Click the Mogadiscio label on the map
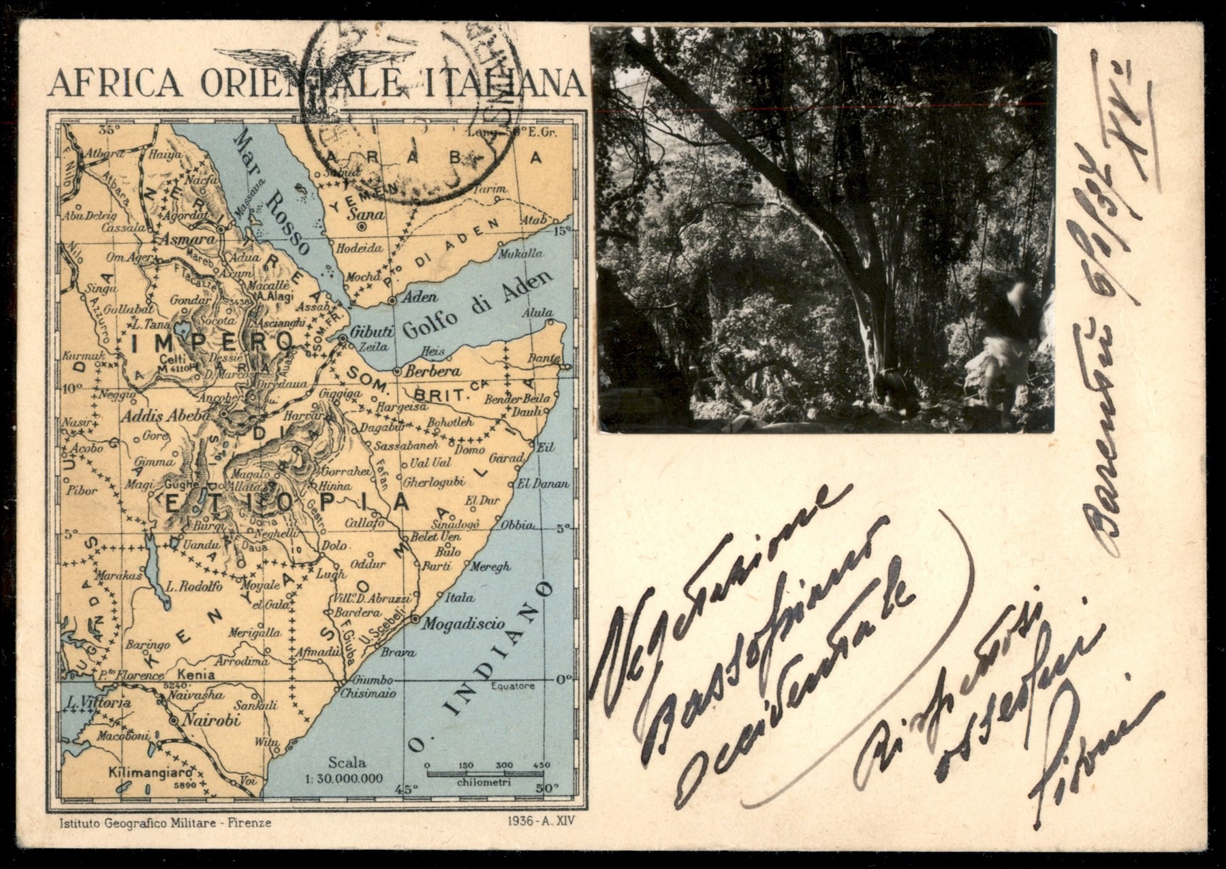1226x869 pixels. pos(462,623)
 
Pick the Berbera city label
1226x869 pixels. pos(432,372)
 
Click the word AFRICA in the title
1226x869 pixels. pos(114,84)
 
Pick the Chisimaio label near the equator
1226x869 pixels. pos(368,694)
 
